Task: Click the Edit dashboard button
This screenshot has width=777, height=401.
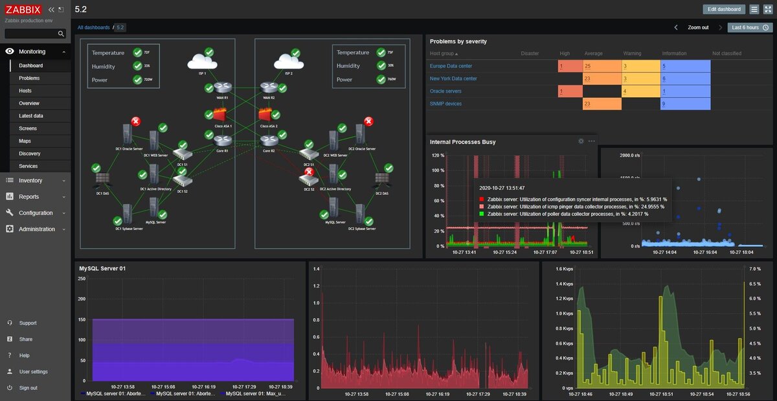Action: (724, 9)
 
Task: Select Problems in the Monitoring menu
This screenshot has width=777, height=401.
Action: (29, 78)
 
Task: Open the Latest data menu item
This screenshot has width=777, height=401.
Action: (31, 116)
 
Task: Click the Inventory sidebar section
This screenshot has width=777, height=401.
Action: (30, 181)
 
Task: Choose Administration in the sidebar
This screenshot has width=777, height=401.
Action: (36, 229)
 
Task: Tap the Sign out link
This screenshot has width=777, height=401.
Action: (28, 388)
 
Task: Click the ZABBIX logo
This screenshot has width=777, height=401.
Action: (23, 10)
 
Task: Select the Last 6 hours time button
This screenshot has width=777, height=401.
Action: (750, 28)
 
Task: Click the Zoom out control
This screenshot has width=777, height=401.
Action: (698, 28)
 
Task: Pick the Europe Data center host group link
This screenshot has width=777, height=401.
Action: (451, 66)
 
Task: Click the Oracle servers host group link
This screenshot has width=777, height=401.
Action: (445, 91)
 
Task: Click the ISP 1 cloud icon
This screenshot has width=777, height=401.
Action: (201, 62)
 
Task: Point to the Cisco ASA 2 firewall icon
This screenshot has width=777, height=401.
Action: (265, 115)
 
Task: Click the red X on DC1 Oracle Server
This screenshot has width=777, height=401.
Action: (136, 122)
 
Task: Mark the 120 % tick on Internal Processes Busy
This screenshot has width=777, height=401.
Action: (438, 155)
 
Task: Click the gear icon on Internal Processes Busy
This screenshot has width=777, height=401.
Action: (581, 141)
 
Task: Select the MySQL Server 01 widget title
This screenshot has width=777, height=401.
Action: (102, 268)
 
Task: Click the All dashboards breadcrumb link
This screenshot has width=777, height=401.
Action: (93, 28)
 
